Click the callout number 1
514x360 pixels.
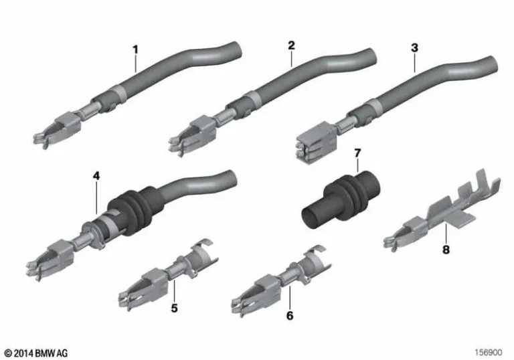135,49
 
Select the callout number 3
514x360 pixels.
414,48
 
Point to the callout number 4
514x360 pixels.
96,175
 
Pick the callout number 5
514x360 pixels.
173,308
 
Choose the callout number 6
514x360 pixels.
289,314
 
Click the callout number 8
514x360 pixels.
446,251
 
